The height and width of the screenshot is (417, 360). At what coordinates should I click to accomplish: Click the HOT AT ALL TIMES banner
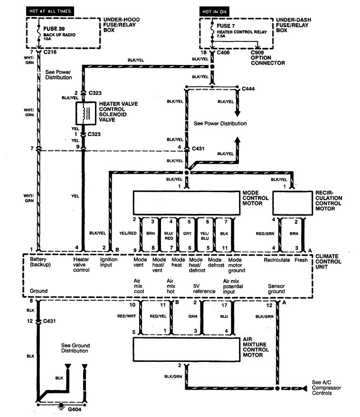[x=50, y=11]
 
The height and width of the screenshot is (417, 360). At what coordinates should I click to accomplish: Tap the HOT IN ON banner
[x=214, y=12]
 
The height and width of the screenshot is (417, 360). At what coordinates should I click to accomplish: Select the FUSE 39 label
[x=54, y=29]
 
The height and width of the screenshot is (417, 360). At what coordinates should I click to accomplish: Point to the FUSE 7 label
[x=226, y=26]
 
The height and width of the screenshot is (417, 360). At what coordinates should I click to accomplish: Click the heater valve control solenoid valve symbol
[x=86, y=113]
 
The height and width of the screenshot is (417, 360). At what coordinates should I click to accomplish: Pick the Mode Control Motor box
[x=186, y=203]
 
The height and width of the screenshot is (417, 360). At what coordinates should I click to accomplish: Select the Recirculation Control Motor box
[x=293, y=203]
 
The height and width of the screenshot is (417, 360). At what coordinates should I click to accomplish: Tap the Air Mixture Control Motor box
[x=186, y=350]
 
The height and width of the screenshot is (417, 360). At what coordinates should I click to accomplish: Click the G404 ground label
[x=75, y=409]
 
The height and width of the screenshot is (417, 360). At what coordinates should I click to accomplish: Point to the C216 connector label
[x=50, y=52]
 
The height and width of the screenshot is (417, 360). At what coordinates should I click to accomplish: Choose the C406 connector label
[x=223, y=52]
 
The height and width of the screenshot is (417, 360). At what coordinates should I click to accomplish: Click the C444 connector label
[x=248, y=89]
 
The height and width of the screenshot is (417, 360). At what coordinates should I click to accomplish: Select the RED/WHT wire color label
[x=126, y=316]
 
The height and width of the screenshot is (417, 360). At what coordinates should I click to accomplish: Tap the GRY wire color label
[x=187, y=233]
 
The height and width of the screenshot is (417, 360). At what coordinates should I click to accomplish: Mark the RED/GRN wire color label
[x=265, y=233]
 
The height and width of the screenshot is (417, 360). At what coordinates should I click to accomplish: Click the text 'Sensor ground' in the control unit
[x=276, y=289]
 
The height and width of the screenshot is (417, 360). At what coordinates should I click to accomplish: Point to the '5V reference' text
[x=204, y=289]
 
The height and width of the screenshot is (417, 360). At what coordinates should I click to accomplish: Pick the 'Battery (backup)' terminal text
[x=40, y=262]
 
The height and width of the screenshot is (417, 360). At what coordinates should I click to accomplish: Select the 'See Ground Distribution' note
[x=76, y=348]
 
